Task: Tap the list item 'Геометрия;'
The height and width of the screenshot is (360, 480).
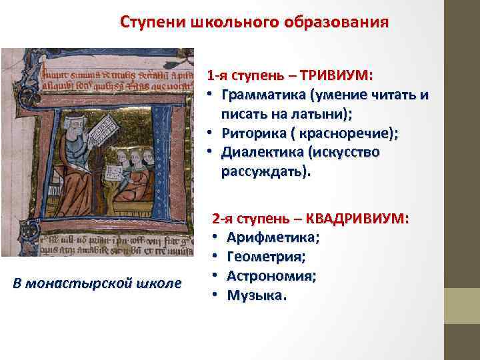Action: pyautogui.click(x=267, y=257)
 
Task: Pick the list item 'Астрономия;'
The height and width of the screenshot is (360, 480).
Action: pyautogui.click(x=272, y=276)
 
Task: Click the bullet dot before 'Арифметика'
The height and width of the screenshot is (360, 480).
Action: pyautogui.click(x=217, y=238)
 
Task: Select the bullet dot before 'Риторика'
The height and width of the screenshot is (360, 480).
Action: pyautogui.click(x=209, y=133)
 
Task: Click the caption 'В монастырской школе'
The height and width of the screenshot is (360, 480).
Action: pyautogui.click(x=97, y=283)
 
